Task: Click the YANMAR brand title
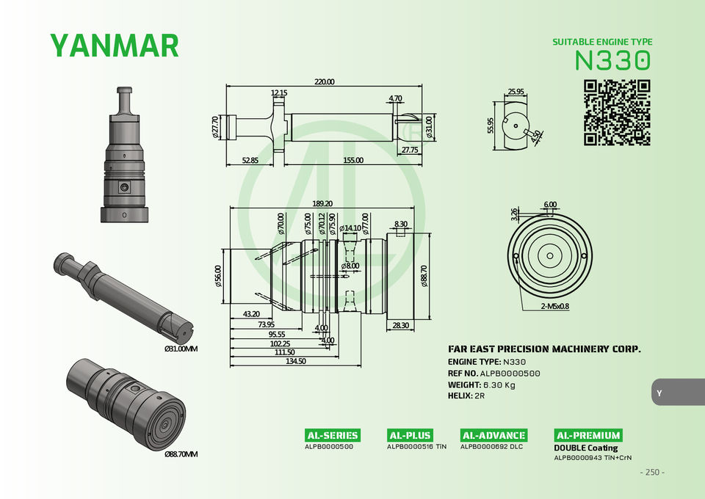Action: click(115, 45)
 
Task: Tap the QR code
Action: click(617, 113)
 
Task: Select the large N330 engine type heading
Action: click(612, 60)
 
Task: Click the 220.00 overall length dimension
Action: click(324, 81)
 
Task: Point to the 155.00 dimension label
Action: click(353, 161)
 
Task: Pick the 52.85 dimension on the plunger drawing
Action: click(250, 161)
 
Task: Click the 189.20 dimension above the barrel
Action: click(322, 203)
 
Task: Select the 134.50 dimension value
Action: click(296, 361)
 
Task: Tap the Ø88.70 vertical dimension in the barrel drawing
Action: click(424, 276)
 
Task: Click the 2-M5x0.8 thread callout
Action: click(555, 306)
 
